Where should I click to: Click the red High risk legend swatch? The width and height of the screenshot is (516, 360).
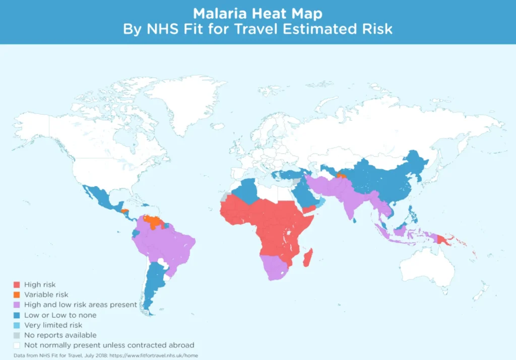(x=17, y=285)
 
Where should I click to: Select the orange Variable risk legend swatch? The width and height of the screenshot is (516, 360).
(x=17, y=295)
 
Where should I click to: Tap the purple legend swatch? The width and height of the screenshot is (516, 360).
(x=17, y=305)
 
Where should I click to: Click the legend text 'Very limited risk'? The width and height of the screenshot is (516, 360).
(x=53, y=325)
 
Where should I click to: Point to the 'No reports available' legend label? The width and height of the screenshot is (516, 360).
(x=60, y=335)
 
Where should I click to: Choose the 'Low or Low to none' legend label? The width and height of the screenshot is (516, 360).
(x=60, y=315)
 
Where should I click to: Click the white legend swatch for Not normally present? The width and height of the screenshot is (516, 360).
(x=17, y=345)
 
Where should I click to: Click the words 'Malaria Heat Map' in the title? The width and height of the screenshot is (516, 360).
(x=257, y=13)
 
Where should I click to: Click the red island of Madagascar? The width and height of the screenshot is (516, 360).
(x=307, y=258)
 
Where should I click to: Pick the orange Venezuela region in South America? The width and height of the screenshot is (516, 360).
(x=151, y=220)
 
